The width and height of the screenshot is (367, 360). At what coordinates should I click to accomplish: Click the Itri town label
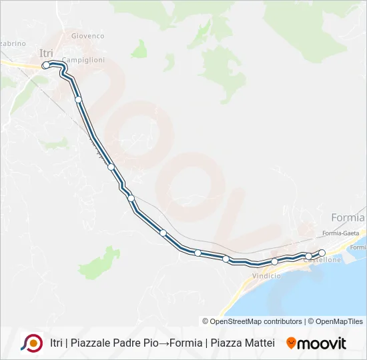tap(46, 53)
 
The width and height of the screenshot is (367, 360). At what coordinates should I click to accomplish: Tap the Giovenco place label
tap(88, 36)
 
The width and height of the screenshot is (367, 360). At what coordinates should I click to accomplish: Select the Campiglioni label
tap(83, 59)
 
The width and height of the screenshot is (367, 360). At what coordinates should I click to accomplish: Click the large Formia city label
tap(348, 218)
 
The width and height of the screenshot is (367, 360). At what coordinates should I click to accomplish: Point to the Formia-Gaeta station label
tap(340, 233)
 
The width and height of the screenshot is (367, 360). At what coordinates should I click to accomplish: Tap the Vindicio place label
tap(267, 275)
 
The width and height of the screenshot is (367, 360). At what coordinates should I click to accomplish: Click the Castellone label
tap(323, 260)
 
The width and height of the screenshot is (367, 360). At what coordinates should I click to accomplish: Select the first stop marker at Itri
tap(45, 65)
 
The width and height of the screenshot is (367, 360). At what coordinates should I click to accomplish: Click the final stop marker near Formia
tap(322, 253)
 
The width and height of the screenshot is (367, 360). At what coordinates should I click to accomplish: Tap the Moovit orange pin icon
tap(291, 343)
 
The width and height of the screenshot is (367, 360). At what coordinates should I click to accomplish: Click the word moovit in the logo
tap(322, 343)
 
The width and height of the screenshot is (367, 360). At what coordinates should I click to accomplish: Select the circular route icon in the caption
tap(31, 343)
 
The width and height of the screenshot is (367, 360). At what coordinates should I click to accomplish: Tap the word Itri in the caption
tap(56, 343)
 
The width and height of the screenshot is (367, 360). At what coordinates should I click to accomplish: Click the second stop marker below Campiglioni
tap(79, 99)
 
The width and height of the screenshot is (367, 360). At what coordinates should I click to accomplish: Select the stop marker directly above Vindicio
tap(274, 261)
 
